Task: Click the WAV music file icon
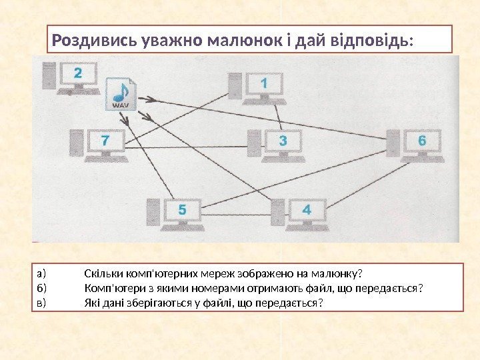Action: click(x=121, y=95)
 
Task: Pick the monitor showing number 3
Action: click(x=283, y=142)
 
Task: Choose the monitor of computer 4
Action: click(x=307, y=211)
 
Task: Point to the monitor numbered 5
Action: click(x=182, y=211)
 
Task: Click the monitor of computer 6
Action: click(x=421, y=142)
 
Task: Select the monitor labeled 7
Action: click(x=105, y=142)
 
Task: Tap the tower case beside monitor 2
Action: click(x=49, y=76)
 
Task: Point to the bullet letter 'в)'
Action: click(x=43, y=303)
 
